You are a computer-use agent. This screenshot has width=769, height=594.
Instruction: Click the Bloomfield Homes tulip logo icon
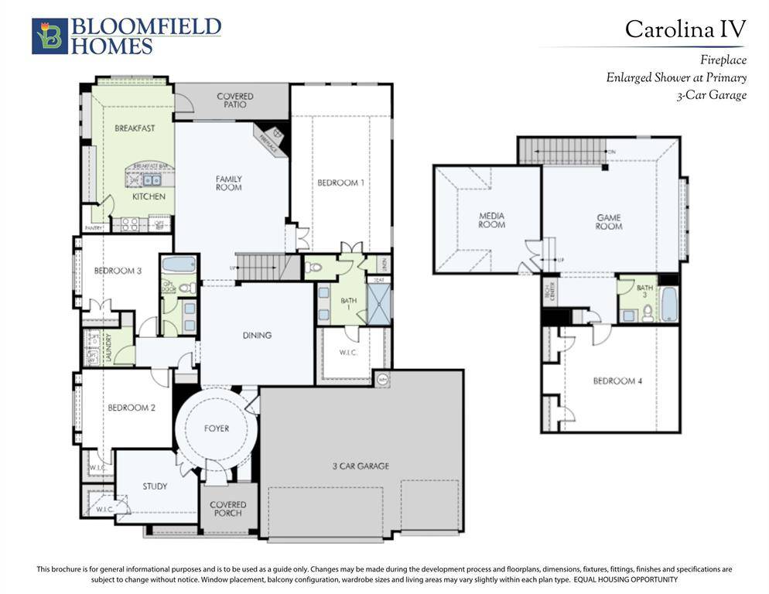click(x=50, y=36)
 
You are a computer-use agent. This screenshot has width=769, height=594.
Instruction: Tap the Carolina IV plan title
click(x=685, y=29)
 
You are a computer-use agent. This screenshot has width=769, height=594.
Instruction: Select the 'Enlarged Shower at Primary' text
click(x=676, y=77)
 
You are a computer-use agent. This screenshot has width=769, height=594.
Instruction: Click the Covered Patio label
click(x=234, y=101)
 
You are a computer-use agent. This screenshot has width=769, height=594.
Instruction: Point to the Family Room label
click(x=229, y=183)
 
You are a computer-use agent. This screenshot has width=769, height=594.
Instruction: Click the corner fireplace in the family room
click(x=270, y=140)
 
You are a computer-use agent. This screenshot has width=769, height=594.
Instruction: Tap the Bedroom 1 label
click(x=340, y=183)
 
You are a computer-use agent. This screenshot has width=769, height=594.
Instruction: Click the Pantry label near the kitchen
click(x=94, y=228)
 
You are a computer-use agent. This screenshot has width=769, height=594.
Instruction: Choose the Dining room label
click(x=257, y=335)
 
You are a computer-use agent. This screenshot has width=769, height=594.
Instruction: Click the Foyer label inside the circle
click(x=217, y=428)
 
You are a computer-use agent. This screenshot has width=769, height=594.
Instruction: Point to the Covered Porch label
click(x=229, y=509)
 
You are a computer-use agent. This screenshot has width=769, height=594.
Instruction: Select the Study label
click(x=155, y=486)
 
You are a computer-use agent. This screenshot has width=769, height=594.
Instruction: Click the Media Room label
click(x=492, y=220)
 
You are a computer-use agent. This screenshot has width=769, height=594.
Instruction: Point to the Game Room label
click(x=609, y=222)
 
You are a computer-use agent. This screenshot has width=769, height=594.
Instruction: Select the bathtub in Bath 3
click(x=669, y=305)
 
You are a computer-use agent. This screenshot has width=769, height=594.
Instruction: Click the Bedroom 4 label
click(x=617, y=381)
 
